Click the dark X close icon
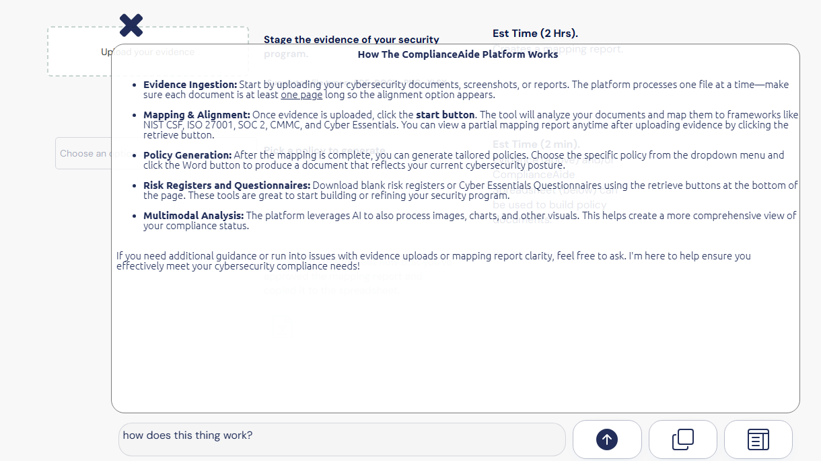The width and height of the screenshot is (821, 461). [x=131, y=26]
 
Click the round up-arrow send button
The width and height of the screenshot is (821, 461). [x=607, y=439]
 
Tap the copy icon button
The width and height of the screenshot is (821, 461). [x=682, y=439]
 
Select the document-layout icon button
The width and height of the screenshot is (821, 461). [x=758, y=440]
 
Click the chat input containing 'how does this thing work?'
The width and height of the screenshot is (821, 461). [x=341, y=439]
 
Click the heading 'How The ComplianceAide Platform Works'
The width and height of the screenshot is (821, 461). [x=458, y=54]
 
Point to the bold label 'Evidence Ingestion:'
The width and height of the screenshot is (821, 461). [x=190, y=85]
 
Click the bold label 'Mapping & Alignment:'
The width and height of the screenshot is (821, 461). [x=197, y=115]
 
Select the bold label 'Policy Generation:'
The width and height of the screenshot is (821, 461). [x=188, y=155]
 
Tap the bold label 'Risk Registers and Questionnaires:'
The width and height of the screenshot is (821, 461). [x=227, y=185]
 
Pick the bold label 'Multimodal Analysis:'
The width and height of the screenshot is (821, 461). [x=194, y=216]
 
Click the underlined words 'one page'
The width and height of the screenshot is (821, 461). [x=301, y=95]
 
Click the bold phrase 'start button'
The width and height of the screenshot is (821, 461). [x=445, y=115]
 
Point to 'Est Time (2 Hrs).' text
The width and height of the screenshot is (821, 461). [x=535, y=33]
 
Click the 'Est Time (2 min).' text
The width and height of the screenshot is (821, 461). [x=536, y=144]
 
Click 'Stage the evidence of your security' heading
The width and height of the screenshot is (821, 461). [x=351, y=40]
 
